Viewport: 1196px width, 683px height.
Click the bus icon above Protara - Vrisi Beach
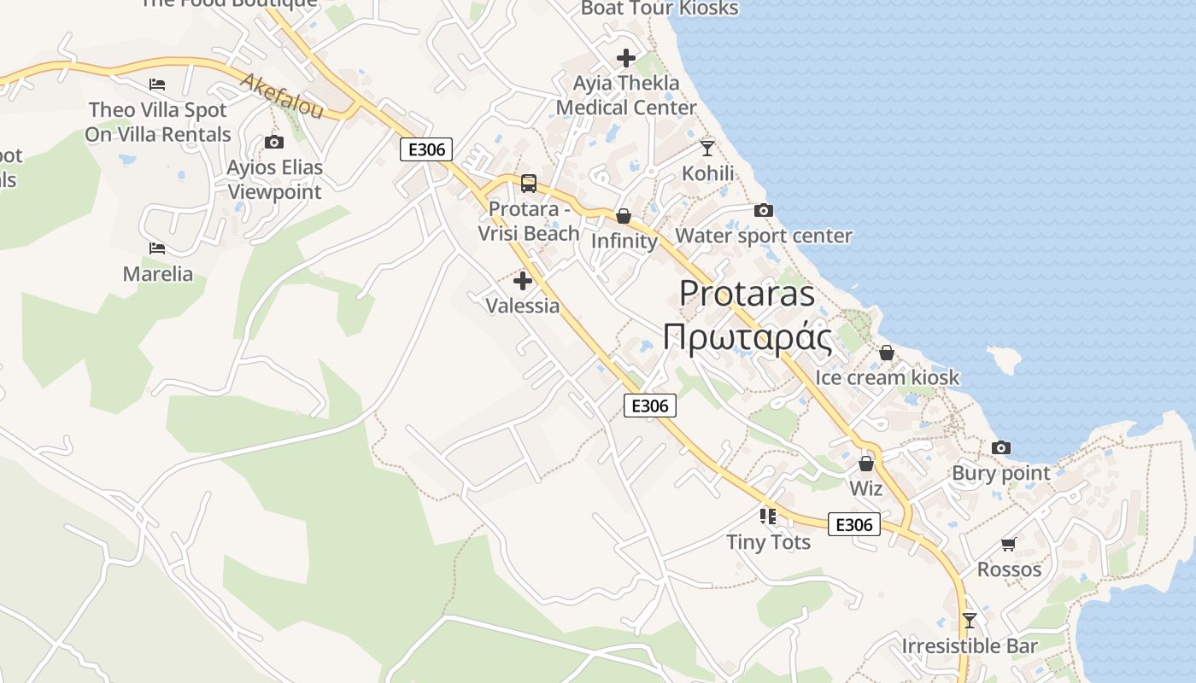coord(529,183)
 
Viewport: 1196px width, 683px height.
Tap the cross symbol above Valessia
coord(523,281)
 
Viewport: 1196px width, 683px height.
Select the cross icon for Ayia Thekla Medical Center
coord(626,58)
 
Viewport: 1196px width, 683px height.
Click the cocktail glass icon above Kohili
coord(707,149)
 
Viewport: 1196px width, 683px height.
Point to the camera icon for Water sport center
coord(764,210)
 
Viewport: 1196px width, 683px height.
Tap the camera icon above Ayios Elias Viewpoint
coord(274,142)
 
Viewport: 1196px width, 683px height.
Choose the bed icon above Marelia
coord(157,248)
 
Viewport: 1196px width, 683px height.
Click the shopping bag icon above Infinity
coord(624,216)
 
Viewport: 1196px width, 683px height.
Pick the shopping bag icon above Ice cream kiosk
coord(887,353)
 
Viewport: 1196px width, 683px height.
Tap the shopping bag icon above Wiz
coord(866,464)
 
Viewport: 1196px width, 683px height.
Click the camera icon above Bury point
coord(1001,447)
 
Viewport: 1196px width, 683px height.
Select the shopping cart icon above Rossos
coord(1009,544)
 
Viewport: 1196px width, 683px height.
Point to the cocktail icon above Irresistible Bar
coord(970,620)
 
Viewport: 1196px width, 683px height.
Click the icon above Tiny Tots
coord(768,516)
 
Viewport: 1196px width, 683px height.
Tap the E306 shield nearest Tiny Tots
coord(854,524)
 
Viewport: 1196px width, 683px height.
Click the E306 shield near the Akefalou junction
coord(426,149)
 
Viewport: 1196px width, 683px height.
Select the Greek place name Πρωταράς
coord(747,337)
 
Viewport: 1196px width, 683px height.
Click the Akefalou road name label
coord(282,96)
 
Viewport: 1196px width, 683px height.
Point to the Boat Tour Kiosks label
coord(660,9)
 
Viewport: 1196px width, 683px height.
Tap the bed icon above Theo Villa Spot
coord(157,85)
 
